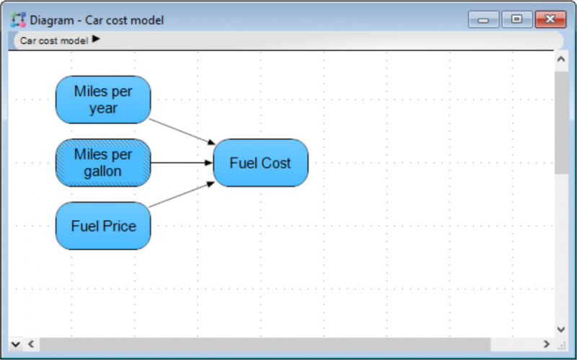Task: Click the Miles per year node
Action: (103, 100)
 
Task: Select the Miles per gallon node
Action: (103, 163)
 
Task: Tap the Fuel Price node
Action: (103, 226)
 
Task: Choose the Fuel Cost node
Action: (260, 163)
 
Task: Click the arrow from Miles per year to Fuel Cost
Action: (182, 131)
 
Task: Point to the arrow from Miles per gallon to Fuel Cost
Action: (182, 163)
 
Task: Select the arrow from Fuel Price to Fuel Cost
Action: (182, 194)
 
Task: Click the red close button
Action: (550, 19)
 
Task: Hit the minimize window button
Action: (483, 19)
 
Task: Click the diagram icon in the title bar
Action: (18, 19)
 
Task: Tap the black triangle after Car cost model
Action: (96, 39)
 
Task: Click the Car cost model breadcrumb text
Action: (54, 40)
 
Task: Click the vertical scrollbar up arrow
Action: (561, 59)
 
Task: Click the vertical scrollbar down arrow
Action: (561, 330)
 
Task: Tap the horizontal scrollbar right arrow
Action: (547, 344)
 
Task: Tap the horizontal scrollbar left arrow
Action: (31, 344)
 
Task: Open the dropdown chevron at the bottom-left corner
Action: (15, 345)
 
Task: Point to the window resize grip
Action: (562, 346)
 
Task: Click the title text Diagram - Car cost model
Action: (97, 20)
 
